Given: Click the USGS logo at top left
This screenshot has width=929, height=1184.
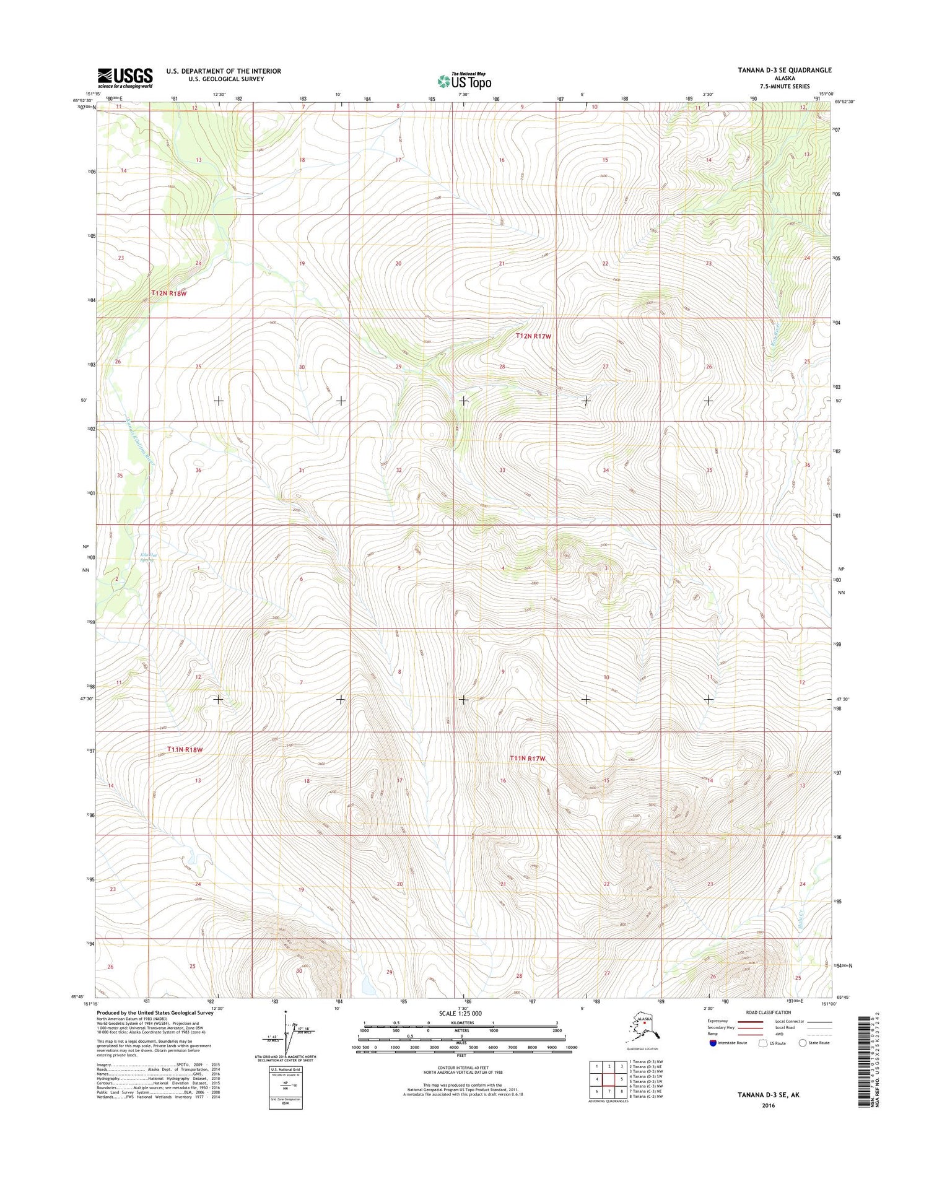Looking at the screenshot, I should click(125, 78).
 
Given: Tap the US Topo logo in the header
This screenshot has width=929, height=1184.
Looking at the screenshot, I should click(464, 81).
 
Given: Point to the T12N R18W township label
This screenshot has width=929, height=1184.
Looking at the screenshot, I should click(169, 293).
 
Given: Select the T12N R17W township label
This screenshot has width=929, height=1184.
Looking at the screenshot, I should click(533, 336).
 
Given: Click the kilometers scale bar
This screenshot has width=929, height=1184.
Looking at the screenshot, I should click(461, 1026).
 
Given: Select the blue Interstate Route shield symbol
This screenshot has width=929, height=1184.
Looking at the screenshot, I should click(713, 1043).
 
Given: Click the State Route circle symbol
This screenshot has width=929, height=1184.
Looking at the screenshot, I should click(803, 1043).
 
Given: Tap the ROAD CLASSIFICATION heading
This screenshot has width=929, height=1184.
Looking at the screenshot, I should click(767, 1012).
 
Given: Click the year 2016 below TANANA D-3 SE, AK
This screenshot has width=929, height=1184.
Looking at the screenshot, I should click(768, 1105).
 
